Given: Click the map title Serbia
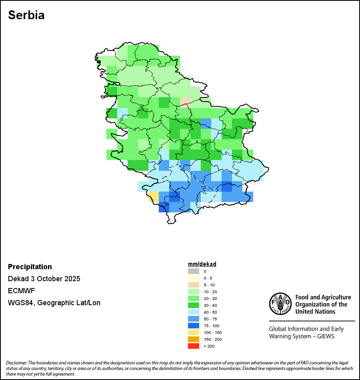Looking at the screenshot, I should pyautogui.click(x=26, y=15).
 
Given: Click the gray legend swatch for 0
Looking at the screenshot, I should pyautogui.click(x=194, y=271).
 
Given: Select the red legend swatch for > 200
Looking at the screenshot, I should pyautogui.click(x=194, y=346).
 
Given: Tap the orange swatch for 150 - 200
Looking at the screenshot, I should pyautogui.click(x=194, y=339).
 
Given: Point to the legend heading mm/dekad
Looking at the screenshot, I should pyautogui.click(x=202, y=264).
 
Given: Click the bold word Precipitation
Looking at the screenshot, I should pyautogui.click(x=30, y=267).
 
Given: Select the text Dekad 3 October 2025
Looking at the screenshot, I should pyautogui.click(x=44, y=279).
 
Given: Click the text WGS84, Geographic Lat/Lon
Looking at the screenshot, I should pyautogui.click(x=54, y=303).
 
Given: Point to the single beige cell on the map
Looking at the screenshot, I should pyautogui.click(x=185, y=102).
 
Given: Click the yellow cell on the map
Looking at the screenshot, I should pyautogui.click(x=154, y=196).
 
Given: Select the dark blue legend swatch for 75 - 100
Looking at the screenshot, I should pyautogui.click(x=194, y=326).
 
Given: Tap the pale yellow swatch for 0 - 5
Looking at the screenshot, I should pyautogui.click(x=194, y=278).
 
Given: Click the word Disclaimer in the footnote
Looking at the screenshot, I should pyautogui.click(x=16, y=362).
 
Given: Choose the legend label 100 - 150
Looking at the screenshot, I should pyautogui.click(x=212, y=332).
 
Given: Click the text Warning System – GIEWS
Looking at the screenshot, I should pyautogui.click(x=302, y=336).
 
